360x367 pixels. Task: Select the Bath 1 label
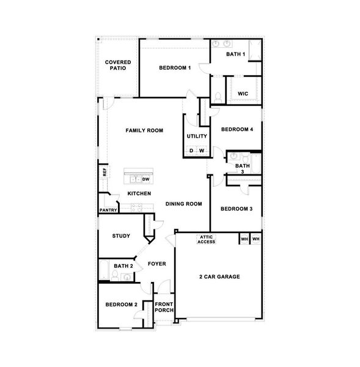click(235, 54)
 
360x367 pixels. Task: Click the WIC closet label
click(242, 94)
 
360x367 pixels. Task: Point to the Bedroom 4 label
click(237, 129)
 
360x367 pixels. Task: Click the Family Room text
click(144, 130)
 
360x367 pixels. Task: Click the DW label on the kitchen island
click(145, 179)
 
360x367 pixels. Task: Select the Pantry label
click(108, 210)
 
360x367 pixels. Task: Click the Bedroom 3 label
click(237, 209)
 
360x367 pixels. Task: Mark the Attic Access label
click(206, 239)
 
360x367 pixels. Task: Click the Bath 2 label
click(123, 266)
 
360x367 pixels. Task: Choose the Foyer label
click(157, 264)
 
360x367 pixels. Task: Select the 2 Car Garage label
click(219, 276)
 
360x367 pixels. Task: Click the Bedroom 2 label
click(120, 304)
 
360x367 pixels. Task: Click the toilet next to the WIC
click(218, 97)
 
